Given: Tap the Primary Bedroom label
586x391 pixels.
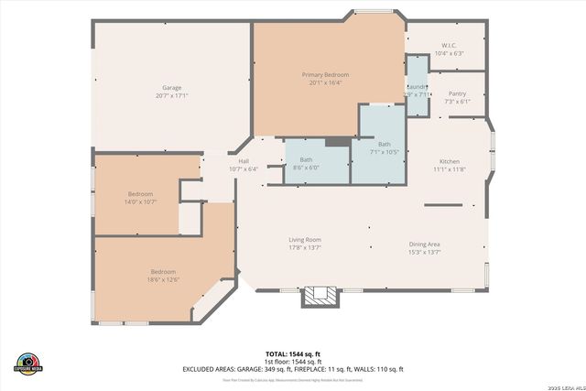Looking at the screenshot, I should click(325, 74).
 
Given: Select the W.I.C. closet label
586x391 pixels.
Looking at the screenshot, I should click(449, 45).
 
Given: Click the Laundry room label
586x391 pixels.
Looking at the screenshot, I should click(418, 87).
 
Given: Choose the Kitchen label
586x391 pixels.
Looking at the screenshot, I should click(449, 161).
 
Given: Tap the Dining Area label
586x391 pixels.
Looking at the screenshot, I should click(424, 244).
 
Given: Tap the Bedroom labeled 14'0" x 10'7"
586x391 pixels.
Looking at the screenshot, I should click(140, 194).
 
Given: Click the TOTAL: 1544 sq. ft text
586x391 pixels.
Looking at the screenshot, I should click(292, 353).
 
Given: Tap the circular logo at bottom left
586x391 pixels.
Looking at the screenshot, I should click(28, 362).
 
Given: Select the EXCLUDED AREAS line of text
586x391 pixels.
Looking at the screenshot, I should click(292, 369).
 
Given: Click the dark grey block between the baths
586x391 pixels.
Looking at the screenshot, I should click(336, 141).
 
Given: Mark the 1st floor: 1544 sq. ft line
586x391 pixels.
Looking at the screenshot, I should click(292, 361).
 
